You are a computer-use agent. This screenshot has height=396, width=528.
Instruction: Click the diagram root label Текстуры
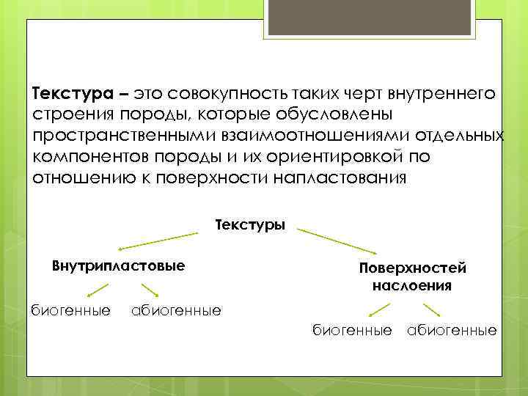coord(250,224)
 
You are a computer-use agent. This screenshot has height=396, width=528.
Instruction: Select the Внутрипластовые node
coord(118,264)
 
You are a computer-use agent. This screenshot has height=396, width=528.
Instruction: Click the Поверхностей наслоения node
coord(411,276)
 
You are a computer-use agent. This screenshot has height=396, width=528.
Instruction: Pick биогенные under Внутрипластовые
coord(70,311)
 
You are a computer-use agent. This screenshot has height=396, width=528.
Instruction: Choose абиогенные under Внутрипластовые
coord(175,311)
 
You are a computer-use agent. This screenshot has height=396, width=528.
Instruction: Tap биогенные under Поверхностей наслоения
coord(352,331)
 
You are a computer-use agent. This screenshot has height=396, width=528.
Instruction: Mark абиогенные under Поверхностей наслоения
coord(452,331)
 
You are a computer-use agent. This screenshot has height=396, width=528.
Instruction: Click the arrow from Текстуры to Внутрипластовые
coord(159,241)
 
